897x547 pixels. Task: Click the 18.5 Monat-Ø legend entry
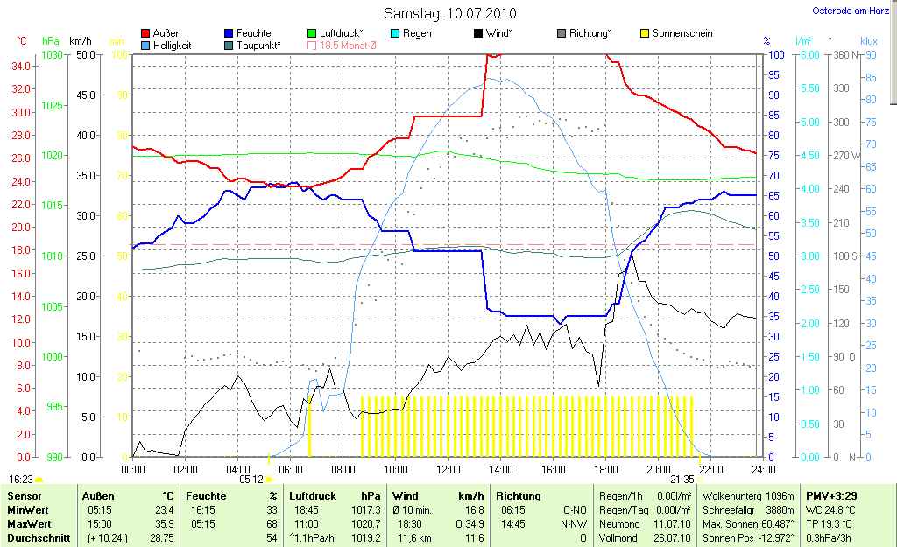(x=341, y=45)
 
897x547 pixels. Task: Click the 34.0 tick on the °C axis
(x=23, y=67)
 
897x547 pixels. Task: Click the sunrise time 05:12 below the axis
(x=251, y=479)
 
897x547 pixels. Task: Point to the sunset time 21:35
(x=682, y=479)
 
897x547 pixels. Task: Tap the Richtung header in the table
(x=518, y=495)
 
